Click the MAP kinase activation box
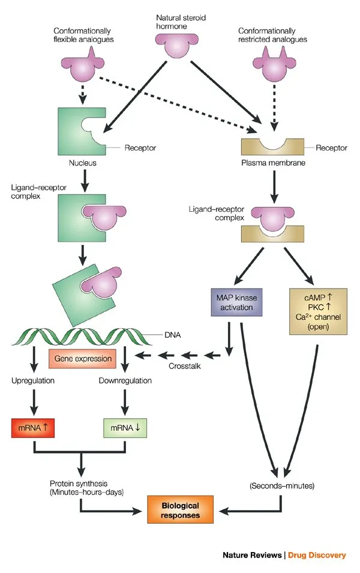[231, 302]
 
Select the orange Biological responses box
[181, 509]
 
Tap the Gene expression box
[83, 359]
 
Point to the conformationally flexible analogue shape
[84, 66]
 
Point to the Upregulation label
[33, 380]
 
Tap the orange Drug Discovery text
[317, 555]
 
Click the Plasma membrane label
[274, 163]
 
